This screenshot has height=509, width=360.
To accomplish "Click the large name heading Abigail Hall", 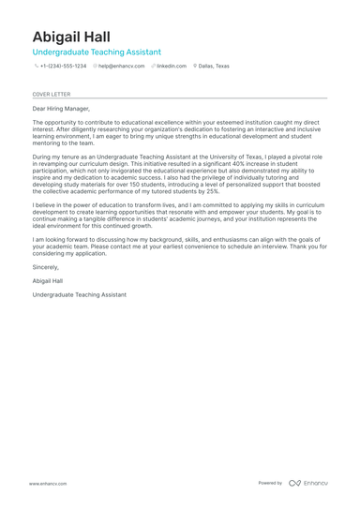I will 70,37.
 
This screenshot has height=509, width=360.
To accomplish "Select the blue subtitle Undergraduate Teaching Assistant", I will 96,52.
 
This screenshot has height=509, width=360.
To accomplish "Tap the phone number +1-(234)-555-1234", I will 63,67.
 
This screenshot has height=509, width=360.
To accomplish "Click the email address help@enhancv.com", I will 121,67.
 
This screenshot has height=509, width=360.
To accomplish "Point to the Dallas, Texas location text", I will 214,67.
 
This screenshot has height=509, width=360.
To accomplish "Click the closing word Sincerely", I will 45,267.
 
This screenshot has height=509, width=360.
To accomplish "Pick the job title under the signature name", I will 79,294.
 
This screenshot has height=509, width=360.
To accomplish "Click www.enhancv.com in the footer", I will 47,483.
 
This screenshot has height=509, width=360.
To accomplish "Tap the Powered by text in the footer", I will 270,483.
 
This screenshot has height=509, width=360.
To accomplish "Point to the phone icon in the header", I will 36,67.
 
